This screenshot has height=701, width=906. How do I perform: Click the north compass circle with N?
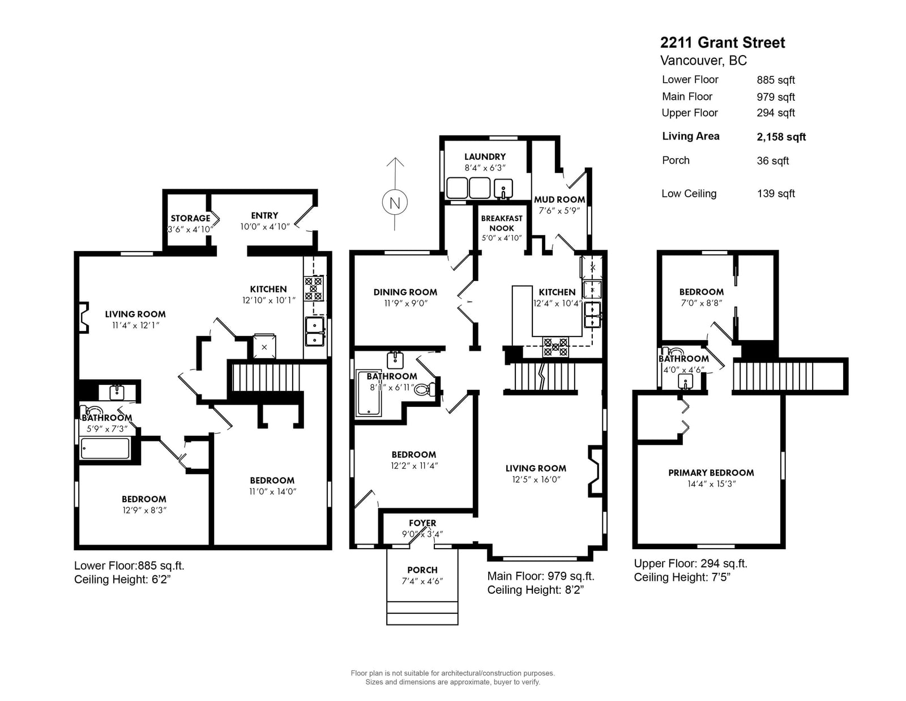[395, 202]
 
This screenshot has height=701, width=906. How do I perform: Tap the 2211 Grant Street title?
[722, 43]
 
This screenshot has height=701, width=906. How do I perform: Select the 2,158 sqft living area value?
[781, 137]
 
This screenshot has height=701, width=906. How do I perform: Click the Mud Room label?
[559, 199]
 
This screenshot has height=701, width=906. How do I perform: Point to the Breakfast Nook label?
[502, 223]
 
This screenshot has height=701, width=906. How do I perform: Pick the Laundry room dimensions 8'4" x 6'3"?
[485, 168]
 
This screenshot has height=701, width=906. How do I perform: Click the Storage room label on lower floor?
[190, 218]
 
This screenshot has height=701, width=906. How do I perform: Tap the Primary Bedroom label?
[711, 473]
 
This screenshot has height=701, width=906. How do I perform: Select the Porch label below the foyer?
[422, 570]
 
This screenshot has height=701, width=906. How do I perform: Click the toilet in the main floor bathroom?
[426, 390]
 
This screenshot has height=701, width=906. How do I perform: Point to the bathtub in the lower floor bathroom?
[105, 449]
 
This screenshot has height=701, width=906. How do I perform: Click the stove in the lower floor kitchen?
[314, 288]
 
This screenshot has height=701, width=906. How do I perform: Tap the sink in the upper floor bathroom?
[685, 381]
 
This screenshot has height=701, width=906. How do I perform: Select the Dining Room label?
[405, 292]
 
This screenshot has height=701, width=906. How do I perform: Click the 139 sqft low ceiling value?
[776, 194]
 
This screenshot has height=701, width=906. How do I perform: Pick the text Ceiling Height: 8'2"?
[535, 590]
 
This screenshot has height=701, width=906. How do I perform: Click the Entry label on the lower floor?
[264, 216]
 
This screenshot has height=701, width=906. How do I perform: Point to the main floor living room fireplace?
[595, 471]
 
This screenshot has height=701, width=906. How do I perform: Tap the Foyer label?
[422, 523]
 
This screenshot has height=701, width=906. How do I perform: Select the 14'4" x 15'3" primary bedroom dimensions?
[711, 484]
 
